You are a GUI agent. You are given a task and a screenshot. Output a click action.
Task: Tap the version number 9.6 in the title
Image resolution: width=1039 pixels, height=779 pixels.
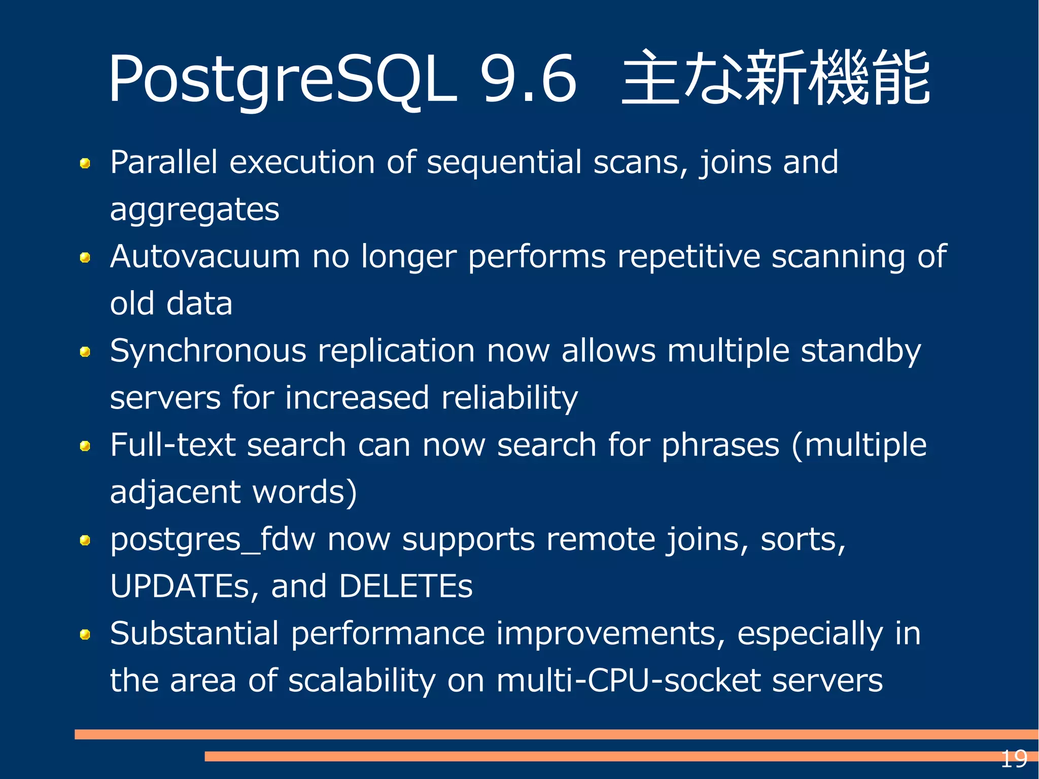528,79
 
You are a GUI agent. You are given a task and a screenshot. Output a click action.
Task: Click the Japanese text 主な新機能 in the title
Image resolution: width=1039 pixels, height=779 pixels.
776,78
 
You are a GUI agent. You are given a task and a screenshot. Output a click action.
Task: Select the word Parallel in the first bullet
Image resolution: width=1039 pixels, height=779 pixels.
163,162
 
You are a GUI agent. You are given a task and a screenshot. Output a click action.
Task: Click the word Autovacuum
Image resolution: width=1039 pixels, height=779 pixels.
205,256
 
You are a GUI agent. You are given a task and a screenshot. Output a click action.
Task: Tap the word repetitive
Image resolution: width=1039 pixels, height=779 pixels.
688,256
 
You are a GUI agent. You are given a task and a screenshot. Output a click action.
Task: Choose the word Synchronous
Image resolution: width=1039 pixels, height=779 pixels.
208,351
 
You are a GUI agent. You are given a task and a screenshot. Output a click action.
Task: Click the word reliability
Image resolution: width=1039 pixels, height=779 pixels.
509,398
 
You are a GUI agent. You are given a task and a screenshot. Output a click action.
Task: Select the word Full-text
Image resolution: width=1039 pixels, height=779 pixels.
172,445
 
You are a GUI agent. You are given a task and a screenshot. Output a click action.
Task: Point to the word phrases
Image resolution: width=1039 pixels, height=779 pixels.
720,445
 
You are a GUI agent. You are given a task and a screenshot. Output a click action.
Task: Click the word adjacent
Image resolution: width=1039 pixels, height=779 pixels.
175,492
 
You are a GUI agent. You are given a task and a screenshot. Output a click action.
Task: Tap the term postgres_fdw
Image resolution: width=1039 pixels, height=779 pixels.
213,540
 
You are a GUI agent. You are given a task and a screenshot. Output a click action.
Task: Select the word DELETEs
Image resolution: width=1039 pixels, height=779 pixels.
405,586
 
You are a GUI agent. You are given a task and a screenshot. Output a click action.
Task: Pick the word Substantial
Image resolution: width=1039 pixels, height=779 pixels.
194,633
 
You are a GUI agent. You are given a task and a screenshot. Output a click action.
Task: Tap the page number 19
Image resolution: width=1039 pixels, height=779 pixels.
1013,759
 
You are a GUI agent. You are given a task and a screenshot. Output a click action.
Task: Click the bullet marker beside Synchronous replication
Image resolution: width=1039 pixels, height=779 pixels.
85,352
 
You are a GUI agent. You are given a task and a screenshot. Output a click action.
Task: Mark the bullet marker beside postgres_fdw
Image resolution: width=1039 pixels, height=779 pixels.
85,540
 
